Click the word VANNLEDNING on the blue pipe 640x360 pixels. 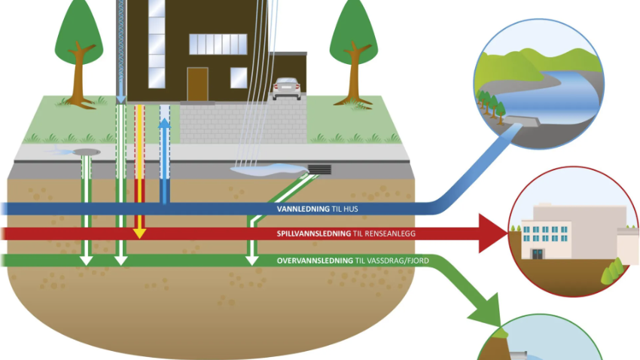pyautogui.click(x=303, y=209)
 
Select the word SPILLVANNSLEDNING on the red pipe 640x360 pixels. pyautogui.click(x=313, y=234)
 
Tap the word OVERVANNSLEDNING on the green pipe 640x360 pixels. pyautogui.click(x=315, y=261)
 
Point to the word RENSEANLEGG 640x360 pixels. pyautogui.click(x=389, y=234)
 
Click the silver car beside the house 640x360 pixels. pyautogui.click(x=287, y=89)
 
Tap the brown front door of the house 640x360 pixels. pyautogui.click(x=197, y=84)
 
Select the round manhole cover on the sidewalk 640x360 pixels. pyautogui.click(x=87, y=152)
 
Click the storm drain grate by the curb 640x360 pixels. pyautogui.click(x=319, y=169)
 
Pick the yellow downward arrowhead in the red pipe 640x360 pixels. pyautogui.click(x=139, y=233)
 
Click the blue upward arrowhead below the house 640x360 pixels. pyautogui.click(x=164, y=123)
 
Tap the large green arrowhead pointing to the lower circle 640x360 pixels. pyautogui.click(x=488, y=313)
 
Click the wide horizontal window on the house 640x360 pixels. pyautogui.click(x=218, y=44)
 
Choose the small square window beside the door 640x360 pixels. pyautogui.click(x=239, y=78)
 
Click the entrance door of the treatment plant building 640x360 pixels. pyautogui.click(x=537, y=254)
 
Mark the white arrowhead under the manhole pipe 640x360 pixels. pyautogui.click(x=86, y=261)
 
